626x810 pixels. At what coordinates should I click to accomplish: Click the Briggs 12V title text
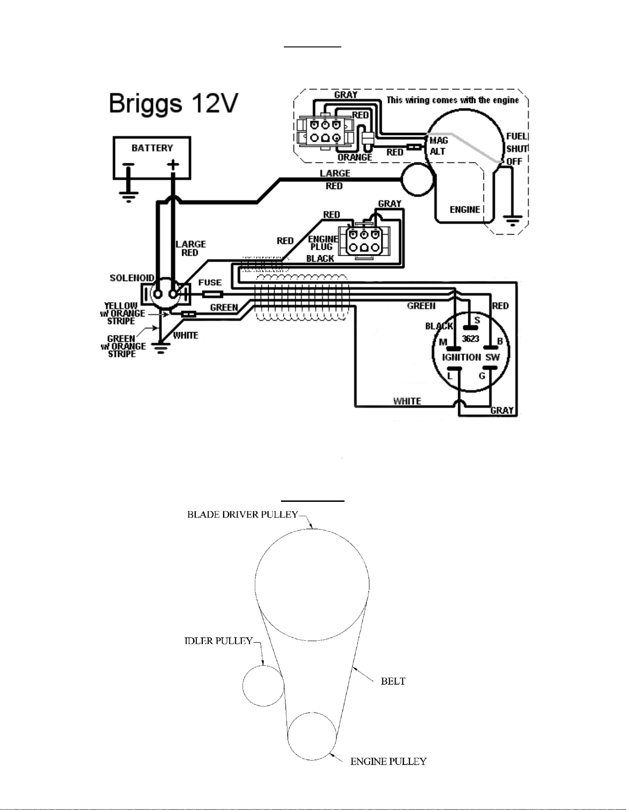pos(173,104)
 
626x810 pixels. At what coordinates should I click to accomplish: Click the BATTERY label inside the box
pos(152,148)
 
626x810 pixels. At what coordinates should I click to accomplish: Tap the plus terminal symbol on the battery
pos(173,164)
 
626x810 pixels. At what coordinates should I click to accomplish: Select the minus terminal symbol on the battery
pos(128,164)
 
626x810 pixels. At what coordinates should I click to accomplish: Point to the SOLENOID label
pos(132,278)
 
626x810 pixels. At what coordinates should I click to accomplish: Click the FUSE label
pos(210,282)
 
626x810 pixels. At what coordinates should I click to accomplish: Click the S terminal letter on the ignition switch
pos(477,320)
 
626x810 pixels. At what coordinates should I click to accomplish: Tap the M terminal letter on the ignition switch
pos(443,342)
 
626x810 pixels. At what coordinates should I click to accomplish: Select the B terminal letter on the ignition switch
pos(500,341)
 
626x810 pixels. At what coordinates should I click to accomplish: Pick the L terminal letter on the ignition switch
pos(450,376)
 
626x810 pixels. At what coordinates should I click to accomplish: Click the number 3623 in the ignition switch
pos(471,339)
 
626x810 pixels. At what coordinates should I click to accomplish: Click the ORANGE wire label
pos(355,157)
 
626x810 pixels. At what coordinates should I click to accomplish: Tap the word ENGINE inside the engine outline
pos(465,210)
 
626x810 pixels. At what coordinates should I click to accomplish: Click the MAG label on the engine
pos(439,141)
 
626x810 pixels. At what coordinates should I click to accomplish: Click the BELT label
pos(393,681)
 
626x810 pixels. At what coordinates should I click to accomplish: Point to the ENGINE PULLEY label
pos(388,762)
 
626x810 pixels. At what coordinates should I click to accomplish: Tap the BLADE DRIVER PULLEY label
pos(242,515)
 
